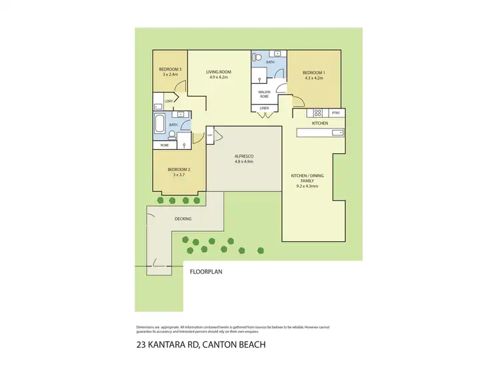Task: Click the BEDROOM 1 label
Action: click(x=313, y=73)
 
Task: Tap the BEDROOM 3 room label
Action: click(x=170, y=69)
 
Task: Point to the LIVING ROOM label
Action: click(x=219, y=72)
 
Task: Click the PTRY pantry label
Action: click(x=335, y=113)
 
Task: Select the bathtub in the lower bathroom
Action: click(x=160, y=123)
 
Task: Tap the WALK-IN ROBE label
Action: click(x=263, y=94)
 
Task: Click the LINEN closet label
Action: click(x=263, y=108)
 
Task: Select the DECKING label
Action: click(x=183, y=218)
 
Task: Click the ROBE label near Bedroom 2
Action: click(x=164, y=145)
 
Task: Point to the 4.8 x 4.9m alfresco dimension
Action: click(x=243, y=162)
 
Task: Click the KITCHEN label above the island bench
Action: click(x=320, y=123)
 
